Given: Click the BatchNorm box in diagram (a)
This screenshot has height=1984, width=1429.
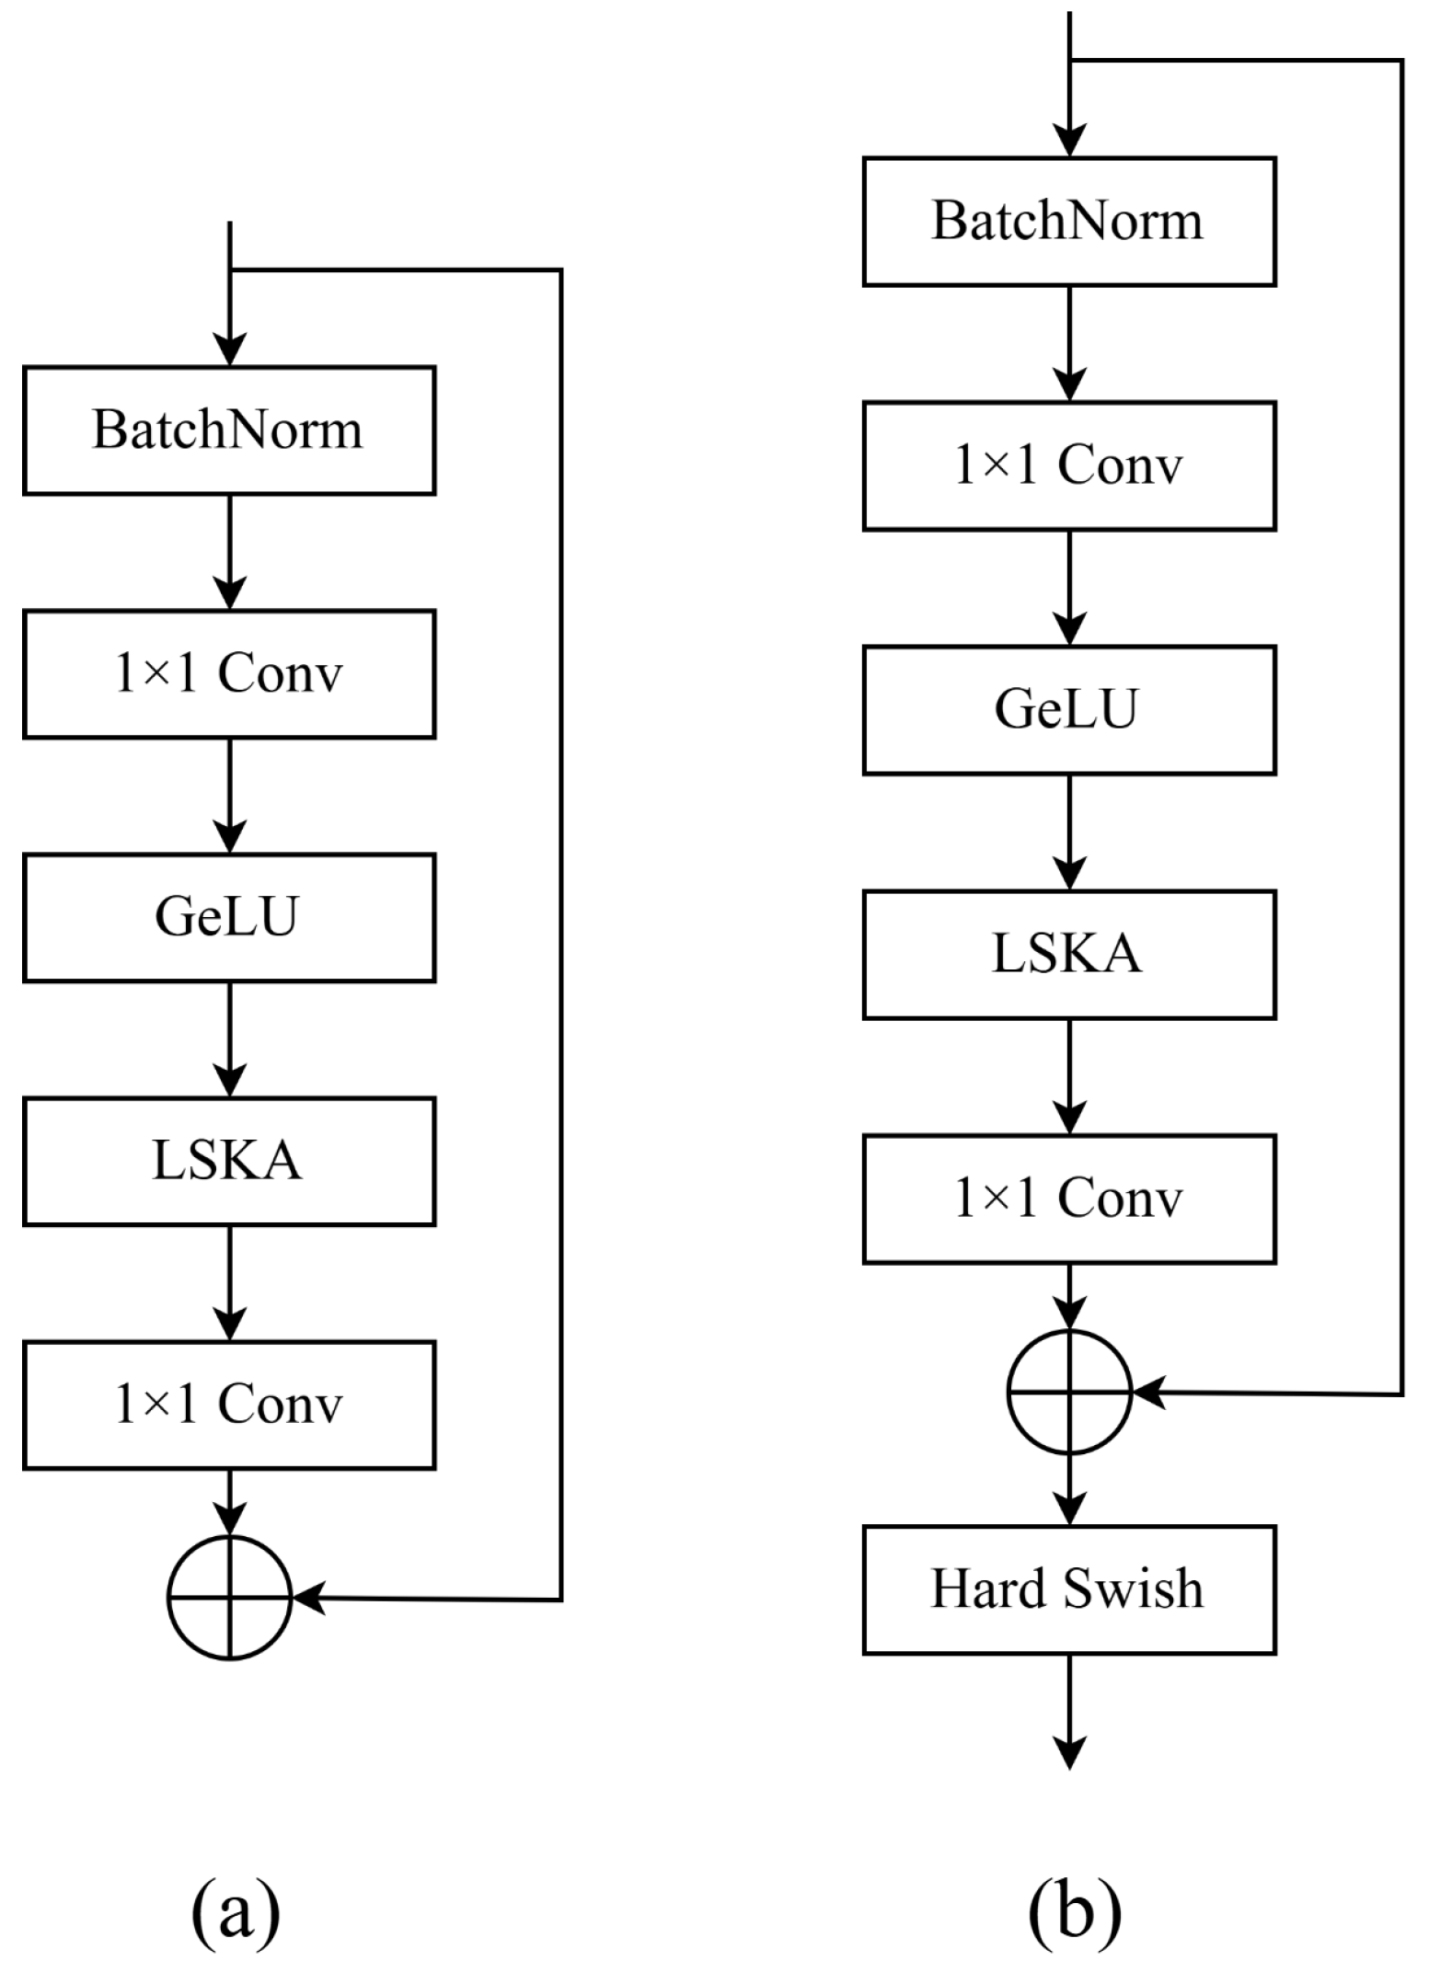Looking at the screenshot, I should pyautogui.click(x=228, y=430).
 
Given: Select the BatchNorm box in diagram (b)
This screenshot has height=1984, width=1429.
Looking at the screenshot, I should pyautogui.click(x=1068, y=222).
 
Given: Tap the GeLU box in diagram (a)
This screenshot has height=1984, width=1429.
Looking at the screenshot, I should pyautogui.click(x=228, y=917).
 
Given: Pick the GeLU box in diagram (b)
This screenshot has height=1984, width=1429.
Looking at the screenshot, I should pyautogui.click(x=1068, y=709).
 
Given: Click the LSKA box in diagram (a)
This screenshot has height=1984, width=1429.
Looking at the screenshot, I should pyautogui.click(x=228, y=1161).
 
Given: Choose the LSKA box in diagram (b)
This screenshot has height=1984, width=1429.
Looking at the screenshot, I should pyautogui.click(x=1068, y=954).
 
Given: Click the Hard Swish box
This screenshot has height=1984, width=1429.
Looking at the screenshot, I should pyautogui.click(x=1068, y=1589).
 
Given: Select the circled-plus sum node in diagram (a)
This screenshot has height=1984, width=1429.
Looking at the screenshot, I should pyautogui.click(x=229, y=1599).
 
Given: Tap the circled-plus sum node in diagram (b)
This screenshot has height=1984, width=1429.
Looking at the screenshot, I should pyautogui.click(x=1068, y=1392).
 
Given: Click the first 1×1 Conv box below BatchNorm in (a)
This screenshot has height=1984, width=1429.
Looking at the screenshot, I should pyautogui.click(x=228, y=673).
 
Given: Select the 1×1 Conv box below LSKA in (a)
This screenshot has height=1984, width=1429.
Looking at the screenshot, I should pyautogui.click(x=228, y=1405).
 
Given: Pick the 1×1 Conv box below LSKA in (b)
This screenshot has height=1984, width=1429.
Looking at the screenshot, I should pyautogui.click(x=1068, y=1198).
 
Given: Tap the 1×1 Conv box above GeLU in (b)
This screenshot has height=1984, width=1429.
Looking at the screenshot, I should pyautogui.click(x=1068, y=465).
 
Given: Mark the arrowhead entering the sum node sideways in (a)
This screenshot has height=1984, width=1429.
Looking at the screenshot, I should pyautogui.click(x=309, y=1599).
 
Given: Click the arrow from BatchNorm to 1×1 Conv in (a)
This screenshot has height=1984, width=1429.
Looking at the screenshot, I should pyautogui.click(x=229, y=551).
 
